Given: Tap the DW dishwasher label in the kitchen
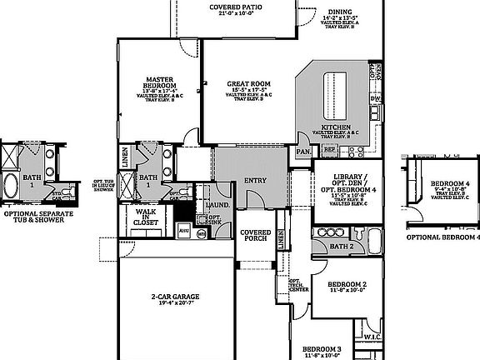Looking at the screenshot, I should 376,99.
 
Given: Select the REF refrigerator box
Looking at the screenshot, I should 329,150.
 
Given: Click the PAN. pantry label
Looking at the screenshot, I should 303,152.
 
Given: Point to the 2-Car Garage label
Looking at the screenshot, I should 174,297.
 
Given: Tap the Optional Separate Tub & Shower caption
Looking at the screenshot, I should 38,217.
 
